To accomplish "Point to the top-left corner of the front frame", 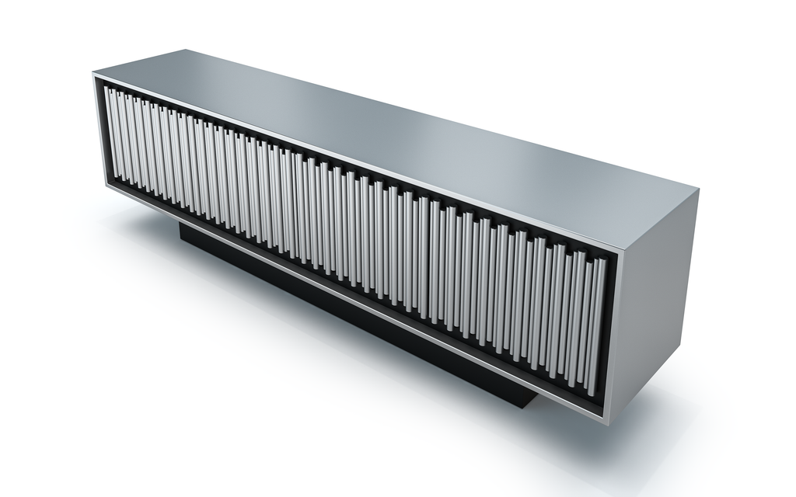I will click(x=95, y=75).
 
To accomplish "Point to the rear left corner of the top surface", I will click(x=183, y=50).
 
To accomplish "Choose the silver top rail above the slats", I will click(x=350, y=155).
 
